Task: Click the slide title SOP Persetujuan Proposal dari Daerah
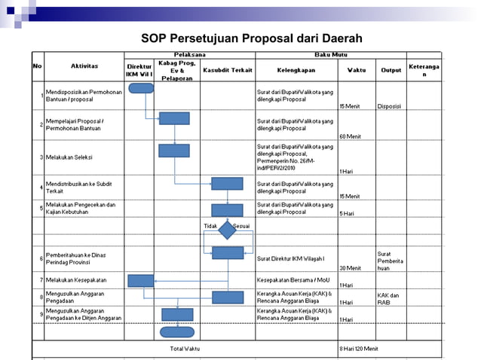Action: (x=252, y=38)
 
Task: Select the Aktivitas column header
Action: (x=84, y=66)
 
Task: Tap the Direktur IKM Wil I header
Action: (x=139, y=71)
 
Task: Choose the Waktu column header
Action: (x=357, y=70)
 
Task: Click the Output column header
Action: (x=391, y=70)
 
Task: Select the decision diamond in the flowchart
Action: (x=227, y=232)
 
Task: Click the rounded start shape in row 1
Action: (x=141, y=88)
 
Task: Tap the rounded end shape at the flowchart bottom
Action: (x=176, y=331)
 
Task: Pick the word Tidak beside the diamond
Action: (x=210, y=225)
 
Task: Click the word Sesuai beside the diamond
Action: (x=242, y=225)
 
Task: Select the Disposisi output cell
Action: (x=389, y=106)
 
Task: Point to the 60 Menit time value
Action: (x=350, y=136)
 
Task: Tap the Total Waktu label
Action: (x=185, y=349)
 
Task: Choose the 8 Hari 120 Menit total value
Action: (x=359, y=349)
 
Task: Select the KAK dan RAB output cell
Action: (x=388, y=298)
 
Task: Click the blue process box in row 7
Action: (x=141, y=280)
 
